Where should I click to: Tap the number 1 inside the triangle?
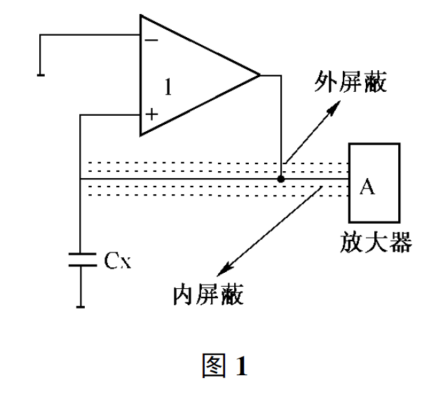(x=168, y=87)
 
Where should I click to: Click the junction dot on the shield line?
(x=281, y=179)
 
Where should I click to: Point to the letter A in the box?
(x=367, y=187)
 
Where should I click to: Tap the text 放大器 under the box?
(x=374, y=243)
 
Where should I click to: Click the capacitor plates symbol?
(x=81, y=258)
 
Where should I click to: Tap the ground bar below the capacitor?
(x=81, y=305)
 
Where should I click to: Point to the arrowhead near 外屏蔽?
(x=343, y=102)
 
